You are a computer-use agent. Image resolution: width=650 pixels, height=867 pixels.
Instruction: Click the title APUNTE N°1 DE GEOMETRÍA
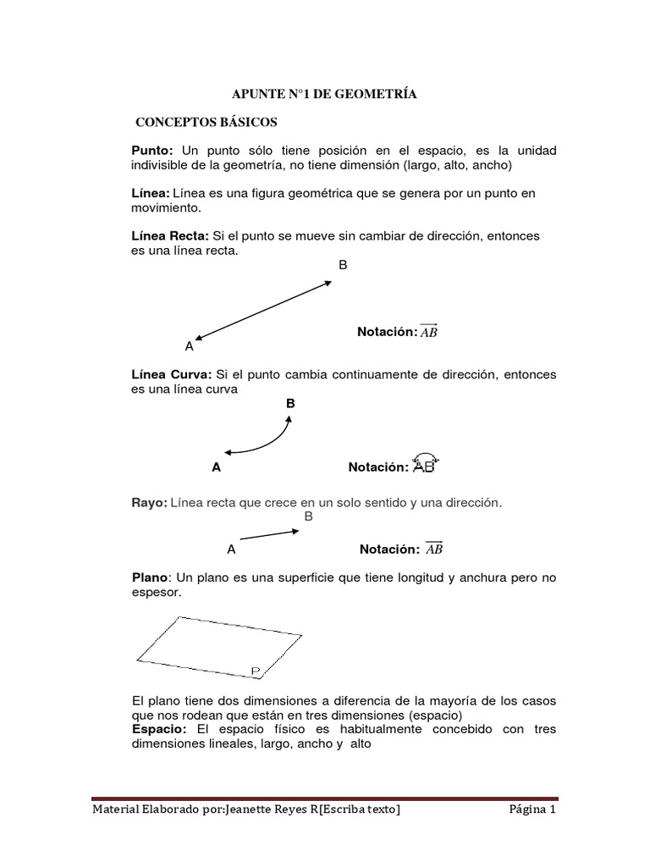point(325,96)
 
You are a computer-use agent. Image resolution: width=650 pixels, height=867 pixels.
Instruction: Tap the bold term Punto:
point(151,150)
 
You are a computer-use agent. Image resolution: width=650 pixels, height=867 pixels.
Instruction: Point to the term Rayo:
point(149,503)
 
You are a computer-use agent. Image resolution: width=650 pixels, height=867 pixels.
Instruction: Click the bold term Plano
point(151,577)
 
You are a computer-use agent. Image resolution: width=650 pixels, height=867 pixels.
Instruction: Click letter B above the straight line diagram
point(343,265)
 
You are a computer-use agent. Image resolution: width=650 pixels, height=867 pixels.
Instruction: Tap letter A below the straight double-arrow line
point(189,346)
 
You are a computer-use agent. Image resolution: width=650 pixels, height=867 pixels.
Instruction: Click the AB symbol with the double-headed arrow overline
point(428,331)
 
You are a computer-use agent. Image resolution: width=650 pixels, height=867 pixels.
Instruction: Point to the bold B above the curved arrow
point(290,404)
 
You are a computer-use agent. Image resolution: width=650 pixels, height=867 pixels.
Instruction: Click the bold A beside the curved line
point(217,467)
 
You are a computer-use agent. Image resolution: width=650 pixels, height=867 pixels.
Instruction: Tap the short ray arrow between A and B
point(268,535)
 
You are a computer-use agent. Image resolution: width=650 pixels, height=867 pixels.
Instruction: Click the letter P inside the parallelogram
point(256,671)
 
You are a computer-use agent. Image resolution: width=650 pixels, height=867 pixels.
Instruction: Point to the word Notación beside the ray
point(388,549)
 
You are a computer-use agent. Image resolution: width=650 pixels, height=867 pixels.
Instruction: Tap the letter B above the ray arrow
point(308,516)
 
